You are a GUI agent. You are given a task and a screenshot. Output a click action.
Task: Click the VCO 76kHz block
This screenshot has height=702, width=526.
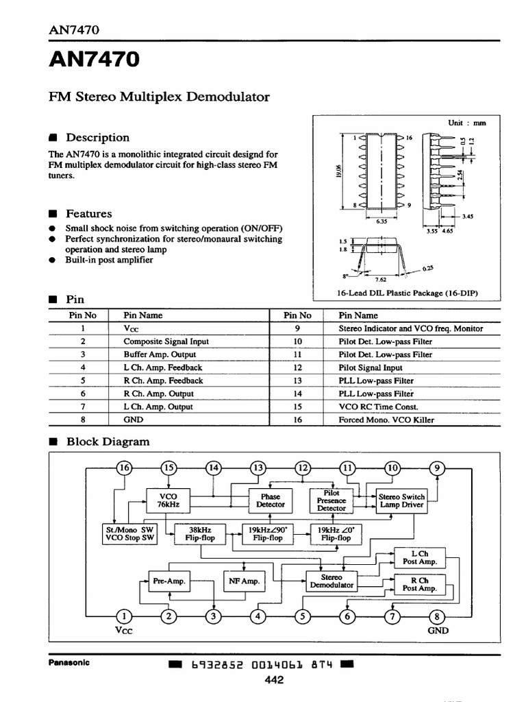pos(167,500)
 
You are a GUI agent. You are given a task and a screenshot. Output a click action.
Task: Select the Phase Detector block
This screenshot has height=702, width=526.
pos(271,500)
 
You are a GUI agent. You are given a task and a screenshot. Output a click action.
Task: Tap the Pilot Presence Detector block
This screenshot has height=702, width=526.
pos(331,500)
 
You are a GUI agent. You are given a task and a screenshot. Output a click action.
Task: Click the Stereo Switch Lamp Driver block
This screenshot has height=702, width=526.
pos(401,500)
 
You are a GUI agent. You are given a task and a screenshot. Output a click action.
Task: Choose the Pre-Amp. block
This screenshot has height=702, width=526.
pos(168,581)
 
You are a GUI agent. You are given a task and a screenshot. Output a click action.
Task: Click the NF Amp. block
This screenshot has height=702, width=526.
pos(244,581)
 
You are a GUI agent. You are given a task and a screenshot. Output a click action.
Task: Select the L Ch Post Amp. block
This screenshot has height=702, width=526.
pos(419,557)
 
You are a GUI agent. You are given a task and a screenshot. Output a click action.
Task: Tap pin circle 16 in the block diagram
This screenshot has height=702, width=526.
pos(124,468)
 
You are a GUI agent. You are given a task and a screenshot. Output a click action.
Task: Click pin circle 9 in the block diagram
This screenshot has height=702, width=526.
pos(438,468)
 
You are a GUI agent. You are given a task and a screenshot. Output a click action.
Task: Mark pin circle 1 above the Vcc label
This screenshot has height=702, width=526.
pos(124,616)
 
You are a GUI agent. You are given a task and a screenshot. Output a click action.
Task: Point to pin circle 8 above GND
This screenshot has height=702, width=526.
pos(438,616)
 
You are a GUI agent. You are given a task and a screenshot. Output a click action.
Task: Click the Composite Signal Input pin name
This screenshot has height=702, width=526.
pos(166,341)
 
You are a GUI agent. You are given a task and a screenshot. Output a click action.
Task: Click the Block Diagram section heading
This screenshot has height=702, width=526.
pos(108,442)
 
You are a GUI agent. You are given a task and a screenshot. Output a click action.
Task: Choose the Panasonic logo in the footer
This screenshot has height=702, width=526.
pos(68,663)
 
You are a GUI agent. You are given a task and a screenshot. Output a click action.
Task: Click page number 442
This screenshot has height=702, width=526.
pos(274,680)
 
